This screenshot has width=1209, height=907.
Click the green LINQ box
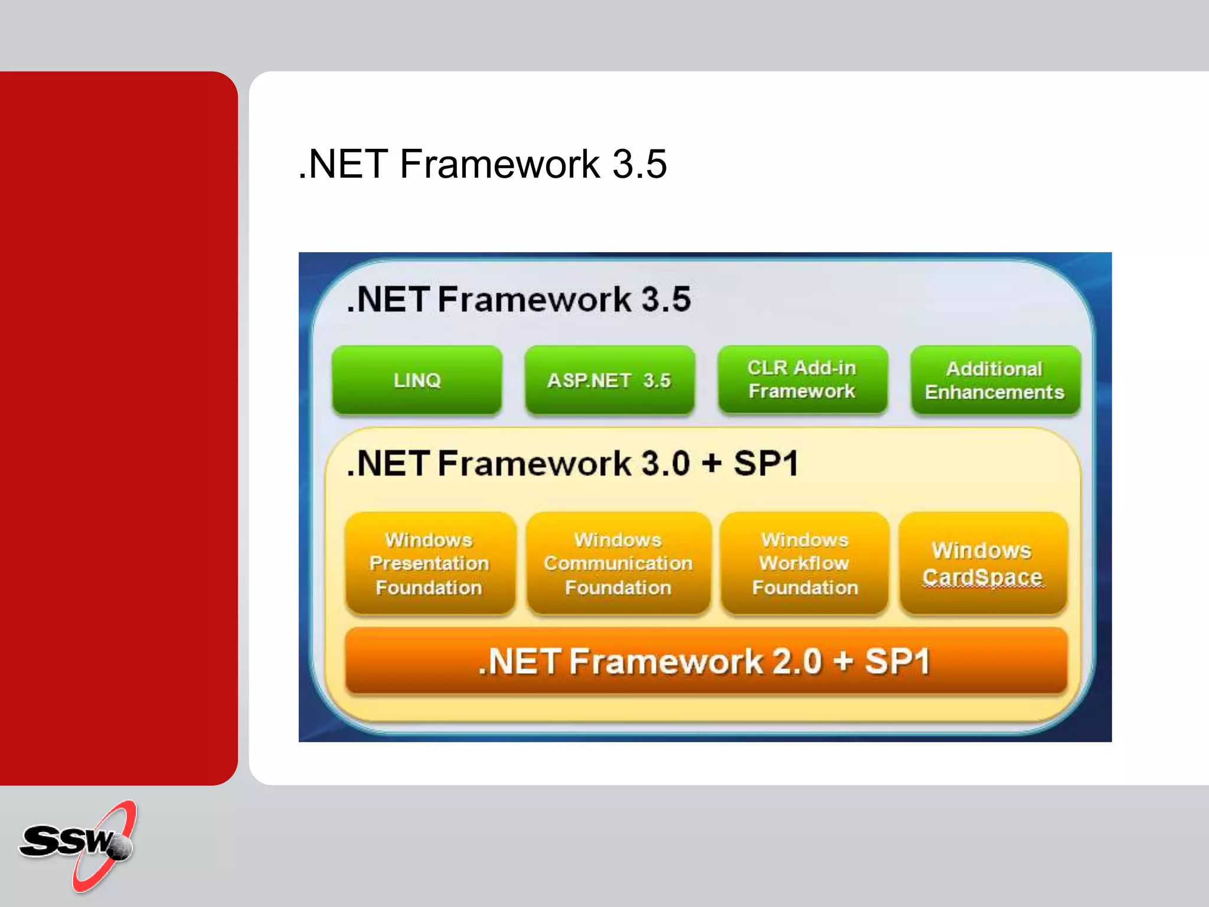[417, 380]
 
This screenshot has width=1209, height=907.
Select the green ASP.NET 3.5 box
[609, 380]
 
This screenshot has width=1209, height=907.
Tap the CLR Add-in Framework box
[802, 380]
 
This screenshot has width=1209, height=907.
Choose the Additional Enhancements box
[995, 380]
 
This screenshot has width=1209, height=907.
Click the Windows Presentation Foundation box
[430, 563]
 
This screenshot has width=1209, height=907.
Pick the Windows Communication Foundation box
[618, 563]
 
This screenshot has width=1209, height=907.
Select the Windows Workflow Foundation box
[805, 563]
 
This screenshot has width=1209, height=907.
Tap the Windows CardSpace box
[982, 563]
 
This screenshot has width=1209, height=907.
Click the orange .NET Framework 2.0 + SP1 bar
[705, 661]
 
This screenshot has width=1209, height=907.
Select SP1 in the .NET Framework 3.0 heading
[766, 463]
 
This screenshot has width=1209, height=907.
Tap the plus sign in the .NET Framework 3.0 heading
[712, 463]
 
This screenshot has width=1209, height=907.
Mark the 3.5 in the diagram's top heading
[666, 299]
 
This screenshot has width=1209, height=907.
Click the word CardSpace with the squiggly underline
[982, 577]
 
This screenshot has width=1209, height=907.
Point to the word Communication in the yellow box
[618, 563]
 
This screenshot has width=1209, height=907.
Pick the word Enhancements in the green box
[995, 392]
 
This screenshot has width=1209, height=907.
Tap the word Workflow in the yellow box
[804, 563]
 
